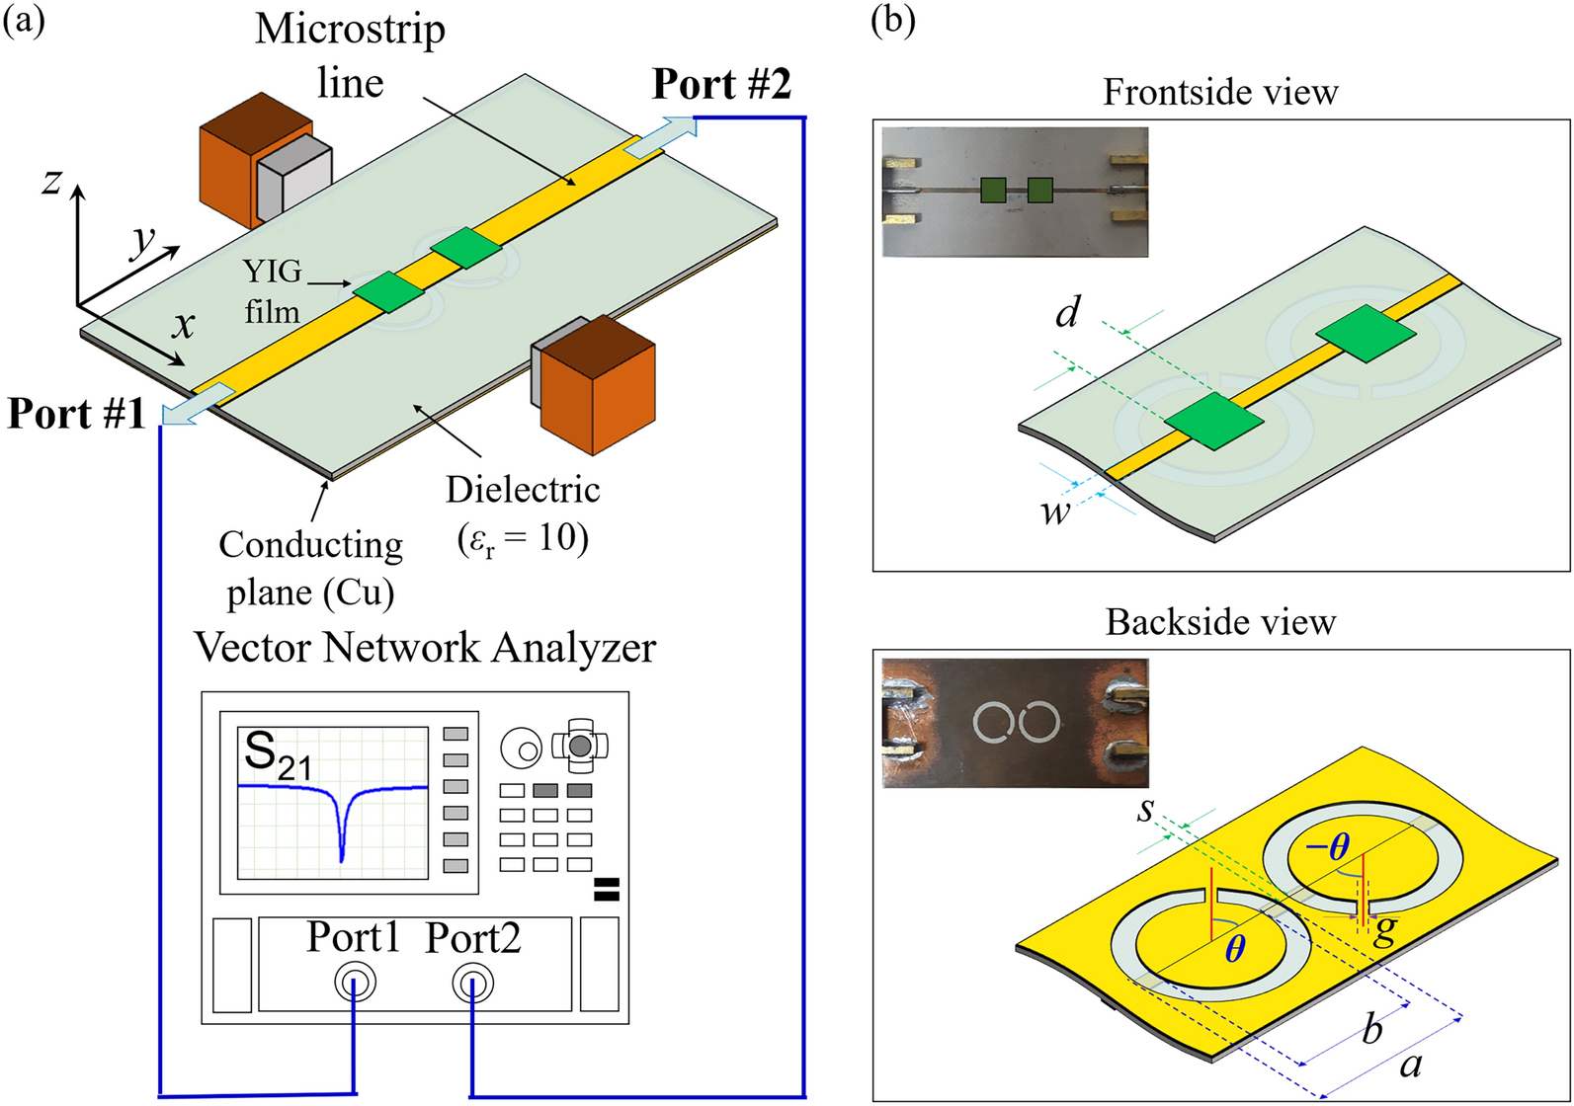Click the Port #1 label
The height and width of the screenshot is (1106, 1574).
(76, 413)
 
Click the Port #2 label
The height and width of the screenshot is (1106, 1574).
(721, 85)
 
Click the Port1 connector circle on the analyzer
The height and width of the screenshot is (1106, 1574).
(355, 983)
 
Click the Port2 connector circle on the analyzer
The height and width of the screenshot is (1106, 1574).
(472, 983)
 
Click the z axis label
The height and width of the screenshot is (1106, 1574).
(52, 181)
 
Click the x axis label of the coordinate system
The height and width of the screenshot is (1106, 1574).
(184, 324)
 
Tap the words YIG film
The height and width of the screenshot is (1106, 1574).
(272, 291)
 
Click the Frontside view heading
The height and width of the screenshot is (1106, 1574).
(1220, 93)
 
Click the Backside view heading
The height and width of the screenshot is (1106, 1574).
(1220, 623)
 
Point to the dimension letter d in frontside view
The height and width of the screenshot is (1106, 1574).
(1067, 314)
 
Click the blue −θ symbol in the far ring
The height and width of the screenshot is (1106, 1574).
(1327, 847)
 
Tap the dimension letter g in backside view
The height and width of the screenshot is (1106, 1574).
(1385, 929)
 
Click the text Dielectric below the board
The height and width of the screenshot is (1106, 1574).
(523, 490)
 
